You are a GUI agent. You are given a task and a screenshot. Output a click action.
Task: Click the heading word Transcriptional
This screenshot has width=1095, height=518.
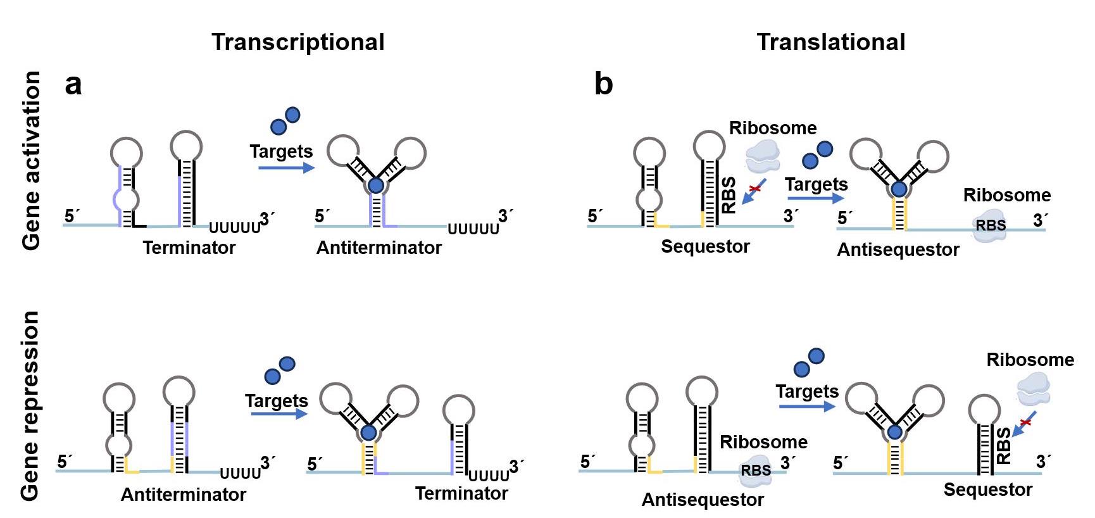297,42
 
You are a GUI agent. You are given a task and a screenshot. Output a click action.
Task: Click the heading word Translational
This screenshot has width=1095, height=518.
830,42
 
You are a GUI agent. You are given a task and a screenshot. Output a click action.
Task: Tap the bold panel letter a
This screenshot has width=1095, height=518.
73,85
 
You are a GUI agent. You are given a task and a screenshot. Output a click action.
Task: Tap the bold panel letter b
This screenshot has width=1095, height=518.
603,85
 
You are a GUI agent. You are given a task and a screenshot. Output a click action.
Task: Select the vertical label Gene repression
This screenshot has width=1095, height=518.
31,405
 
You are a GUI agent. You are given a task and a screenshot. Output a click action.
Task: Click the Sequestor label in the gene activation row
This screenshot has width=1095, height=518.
705,246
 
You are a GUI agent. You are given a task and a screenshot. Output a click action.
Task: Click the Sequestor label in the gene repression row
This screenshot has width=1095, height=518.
987,490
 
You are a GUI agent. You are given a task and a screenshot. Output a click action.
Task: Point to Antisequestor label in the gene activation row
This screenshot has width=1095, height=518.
898,250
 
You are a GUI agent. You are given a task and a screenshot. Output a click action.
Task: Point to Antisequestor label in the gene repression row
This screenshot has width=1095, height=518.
703,500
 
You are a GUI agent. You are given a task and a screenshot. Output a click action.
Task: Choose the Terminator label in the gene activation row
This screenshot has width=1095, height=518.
189,248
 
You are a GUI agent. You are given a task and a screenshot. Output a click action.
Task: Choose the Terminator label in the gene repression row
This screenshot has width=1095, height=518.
461,493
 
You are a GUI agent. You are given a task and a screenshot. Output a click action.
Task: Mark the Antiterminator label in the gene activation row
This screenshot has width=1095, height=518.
379,248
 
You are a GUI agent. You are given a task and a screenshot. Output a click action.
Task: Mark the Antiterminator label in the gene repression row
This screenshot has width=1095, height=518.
183,495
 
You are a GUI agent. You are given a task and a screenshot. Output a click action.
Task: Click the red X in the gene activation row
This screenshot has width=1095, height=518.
754,188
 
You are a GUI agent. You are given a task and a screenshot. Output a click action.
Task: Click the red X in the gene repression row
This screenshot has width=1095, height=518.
1025,421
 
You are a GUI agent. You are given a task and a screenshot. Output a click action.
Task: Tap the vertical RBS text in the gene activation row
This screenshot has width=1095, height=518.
729,195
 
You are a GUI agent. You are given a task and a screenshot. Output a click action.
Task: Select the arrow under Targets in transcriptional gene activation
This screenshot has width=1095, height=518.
286,168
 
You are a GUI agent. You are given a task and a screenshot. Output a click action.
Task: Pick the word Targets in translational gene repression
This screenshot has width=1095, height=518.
807,391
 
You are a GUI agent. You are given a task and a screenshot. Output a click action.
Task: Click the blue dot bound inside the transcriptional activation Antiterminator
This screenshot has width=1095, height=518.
376,186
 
